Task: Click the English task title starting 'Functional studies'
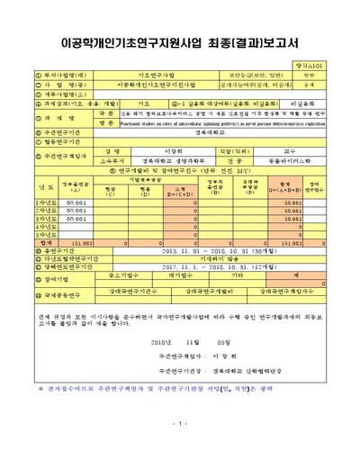pyautogui.click(x=225, y=123)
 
